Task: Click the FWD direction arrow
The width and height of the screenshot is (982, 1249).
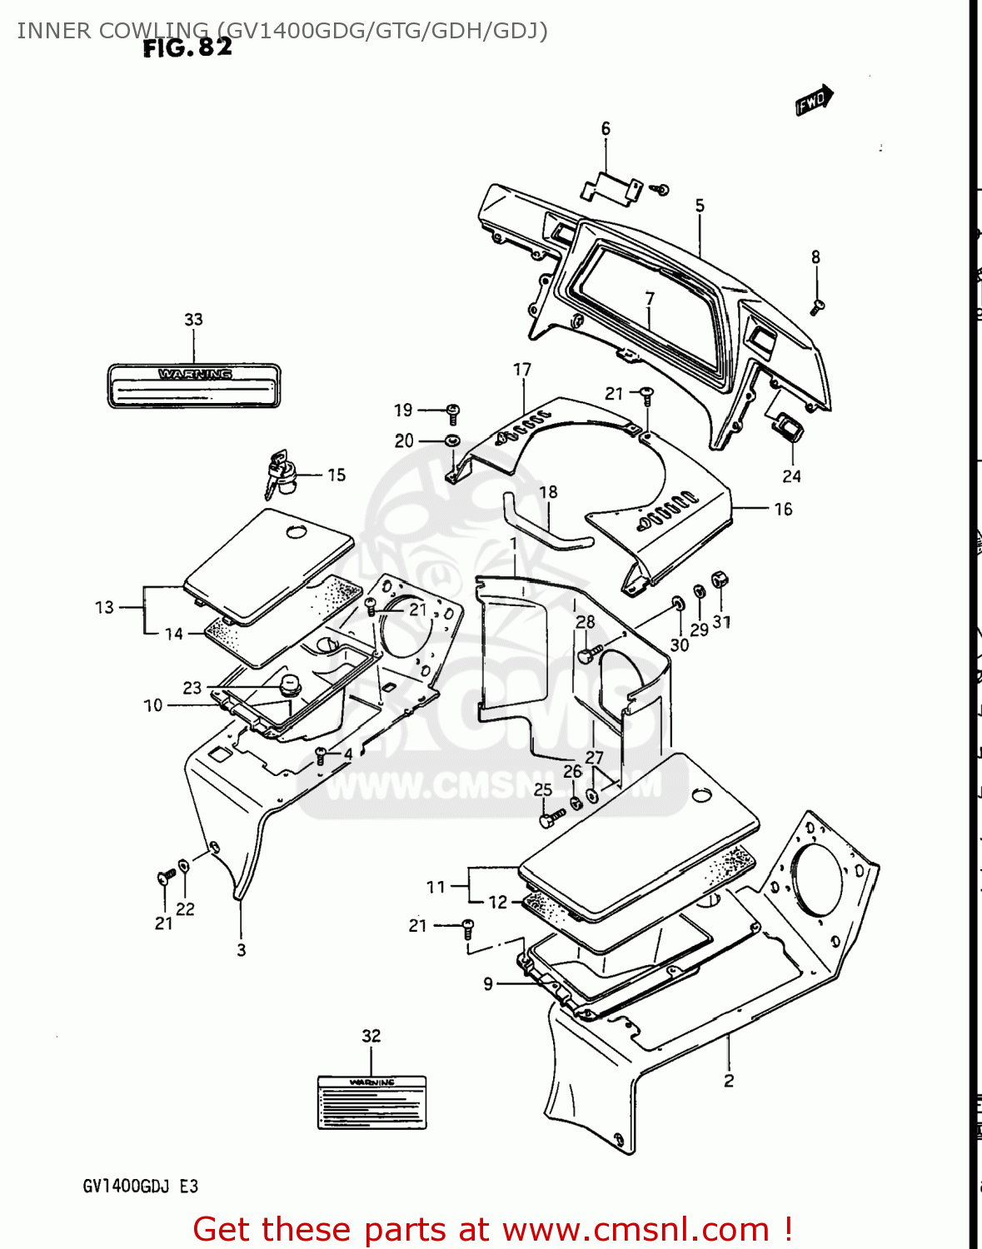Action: [x=814, y=100]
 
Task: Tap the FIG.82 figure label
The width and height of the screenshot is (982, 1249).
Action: [x=187, y=48]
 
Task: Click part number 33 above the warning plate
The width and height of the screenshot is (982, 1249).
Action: [x=193, y=320]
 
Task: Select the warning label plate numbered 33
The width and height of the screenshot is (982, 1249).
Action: [x=193, y=386]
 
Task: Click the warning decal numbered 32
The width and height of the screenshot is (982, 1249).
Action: [x=371, y=1102]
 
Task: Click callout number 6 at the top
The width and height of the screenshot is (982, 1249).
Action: [x=606, y=129]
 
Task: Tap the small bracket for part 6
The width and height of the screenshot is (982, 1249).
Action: [x=611, y=187]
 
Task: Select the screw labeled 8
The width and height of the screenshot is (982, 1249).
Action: [x=816, y=307]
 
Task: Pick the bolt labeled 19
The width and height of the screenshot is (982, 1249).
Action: [x=453, y=411]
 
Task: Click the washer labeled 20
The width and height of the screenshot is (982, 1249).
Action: [x=452, y=440]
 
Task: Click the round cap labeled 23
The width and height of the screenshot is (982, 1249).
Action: [x=289, y=686]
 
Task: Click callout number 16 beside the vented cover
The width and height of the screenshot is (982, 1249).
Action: [x=783, y=509]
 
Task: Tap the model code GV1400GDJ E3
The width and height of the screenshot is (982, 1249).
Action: [x=140, y=1187]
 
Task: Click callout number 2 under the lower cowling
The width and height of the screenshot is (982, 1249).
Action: [x=729, y=1081]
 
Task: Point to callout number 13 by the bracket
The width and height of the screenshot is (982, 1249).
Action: [x=104, y=607]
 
